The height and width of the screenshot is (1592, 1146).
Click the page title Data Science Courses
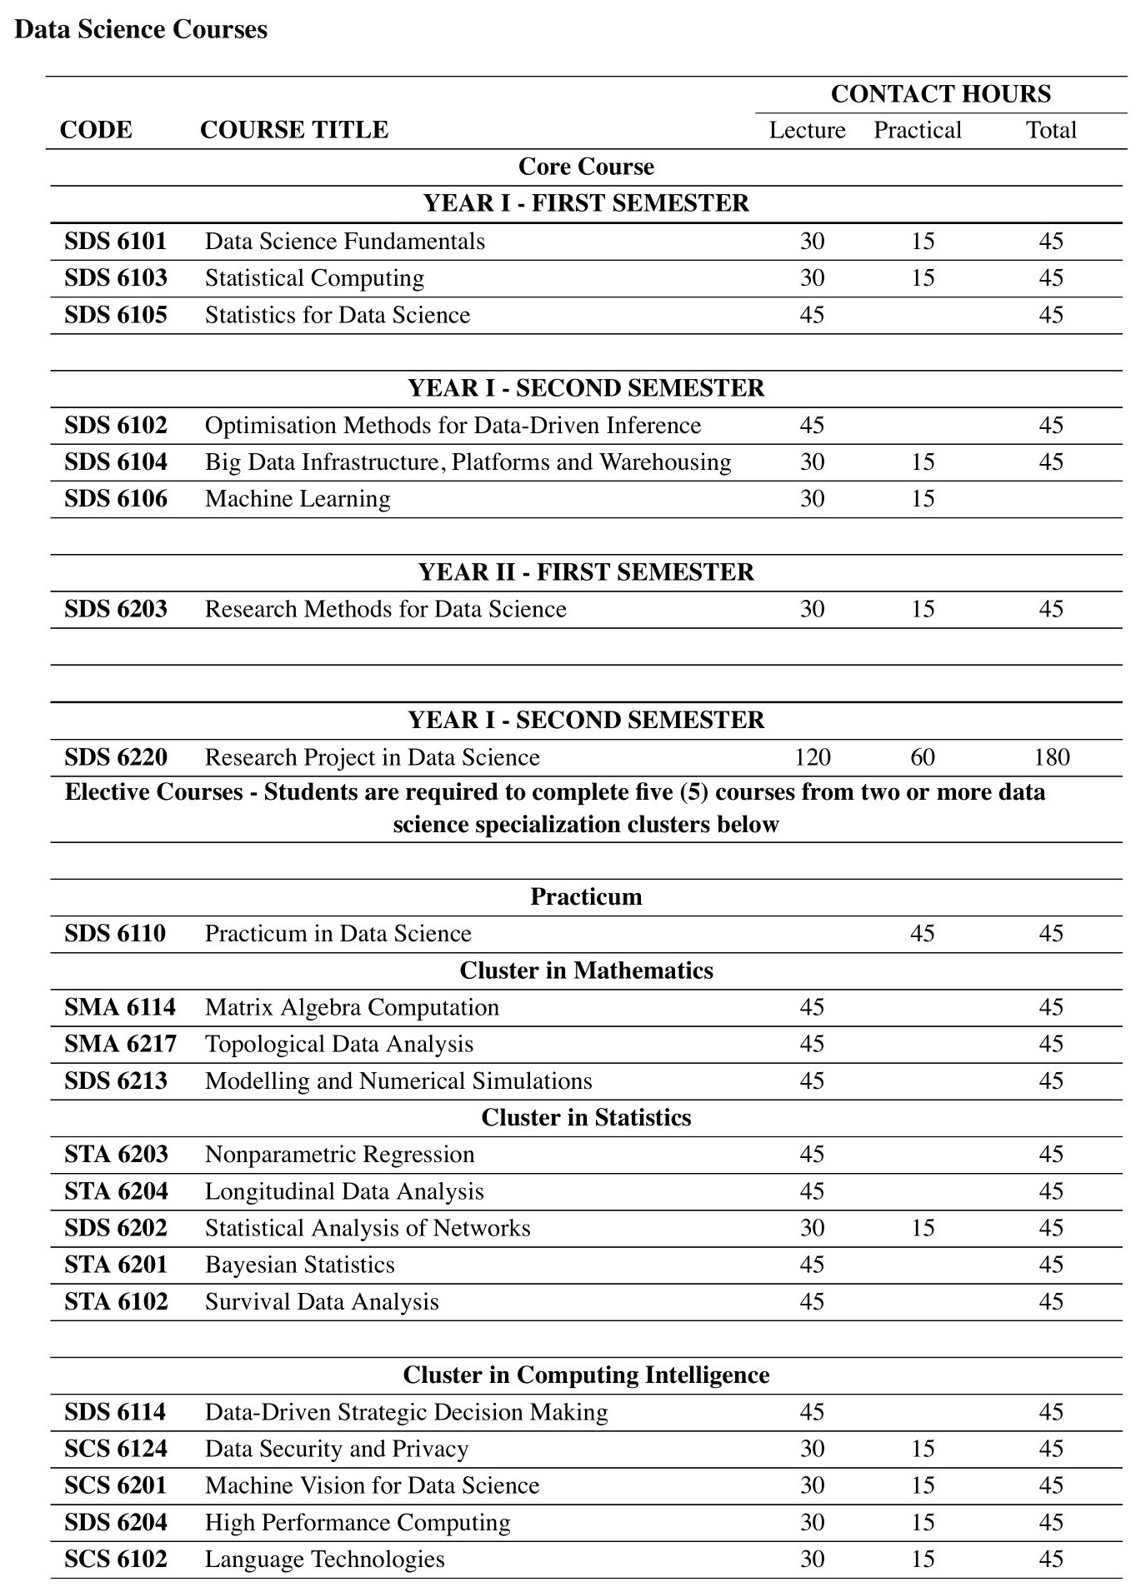point(141,30)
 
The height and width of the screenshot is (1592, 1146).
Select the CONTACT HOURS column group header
point(940,94)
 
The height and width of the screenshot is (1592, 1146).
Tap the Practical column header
point(917,131)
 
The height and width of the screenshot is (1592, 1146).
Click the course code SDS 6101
point(116,242)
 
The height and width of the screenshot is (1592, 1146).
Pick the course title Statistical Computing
point(314,278)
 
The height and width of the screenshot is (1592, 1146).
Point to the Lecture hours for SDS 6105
point(812,315)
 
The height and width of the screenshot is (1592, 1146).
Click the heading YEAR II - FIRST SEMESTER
point(586,572)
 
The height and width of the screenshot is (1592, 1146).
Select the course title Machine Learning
point(298,499)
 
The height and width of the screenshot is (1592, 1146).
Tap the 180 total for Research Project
point(1051,757)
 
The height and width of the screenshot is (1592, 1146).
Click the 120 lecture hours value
point(812,757)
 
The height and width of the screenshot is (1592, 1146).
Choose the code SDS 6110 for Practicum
point(115,934)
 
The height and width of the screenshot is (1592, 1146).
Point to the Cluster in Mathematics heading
point(586,971)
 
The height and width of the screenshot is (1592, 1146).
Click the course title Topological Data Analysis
point(338,1045)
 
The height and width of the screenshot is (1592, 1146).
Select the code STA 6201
point(116,1265)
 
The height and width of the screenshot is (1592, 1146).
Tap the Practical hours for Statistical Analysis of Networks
point(923,1229)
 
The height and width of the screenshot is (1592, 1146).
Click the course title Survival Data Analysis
point(322,1302)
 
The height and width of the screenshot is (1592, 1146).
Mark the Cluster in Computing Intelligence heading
point(586,1375)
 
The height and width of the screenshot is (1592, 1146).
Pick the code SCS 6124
point(116,1450)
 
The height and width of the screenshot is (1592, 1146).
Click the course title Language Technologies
point(324,1560)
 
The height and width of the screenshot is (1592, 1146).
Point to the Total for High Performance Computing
point(1051,1523)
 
